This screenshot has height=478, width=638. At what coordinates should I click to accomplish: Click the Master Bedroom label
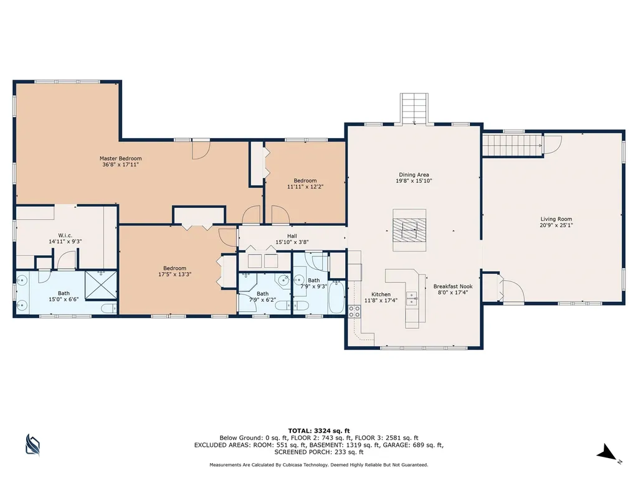pos(120,159)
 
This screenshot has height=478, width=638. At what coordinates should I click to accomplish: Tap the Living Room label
pos(556,219)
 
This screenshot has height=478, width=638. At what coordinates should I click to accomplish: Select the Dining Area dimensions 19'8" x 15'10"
pos(414,181)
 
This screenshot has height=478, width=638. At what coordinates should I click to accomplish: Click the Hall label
pos(292,236)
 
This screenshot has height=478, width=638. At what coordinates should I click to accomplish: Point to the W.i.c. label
pos(65,235)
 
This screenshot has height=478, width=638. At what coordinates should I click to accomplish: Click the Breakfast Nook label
pos(453,286)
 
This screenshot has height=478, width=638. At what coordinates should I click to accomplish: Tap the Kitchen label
pos(381,294)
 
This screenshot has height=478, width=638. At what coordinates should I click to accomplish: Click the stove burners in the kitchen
pos(354,311)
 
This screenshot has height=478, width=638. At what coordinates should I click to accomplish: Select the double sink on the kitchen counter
pos(411,298)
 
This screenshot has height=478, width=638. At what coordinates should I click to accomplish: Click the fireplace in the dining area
pos(409,230)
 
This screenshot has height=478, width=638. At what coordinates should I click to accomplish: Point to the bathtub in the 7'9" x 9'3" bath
pos(336,298)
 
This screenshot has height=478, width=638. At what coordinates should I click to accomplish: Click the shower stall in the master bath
pos(101,285)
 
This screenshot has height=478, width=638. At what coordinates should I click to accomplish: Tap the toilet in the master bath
pos(108,308)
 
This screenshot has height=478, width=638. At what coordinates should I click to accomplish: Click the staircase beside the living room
pos(513,146)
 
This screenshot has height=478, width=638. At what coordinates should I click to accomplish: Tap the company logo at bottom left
pos(32,444)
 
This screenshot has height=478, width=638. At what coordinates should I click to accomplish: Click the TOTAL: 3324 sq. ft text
pos(319,431)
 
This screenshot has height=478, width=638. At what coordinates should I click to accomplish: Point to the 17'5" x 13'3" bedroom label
pos(175,271)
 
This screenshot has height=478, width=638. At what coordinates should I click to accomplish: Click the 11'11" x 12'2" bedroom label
pos(305,184)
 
